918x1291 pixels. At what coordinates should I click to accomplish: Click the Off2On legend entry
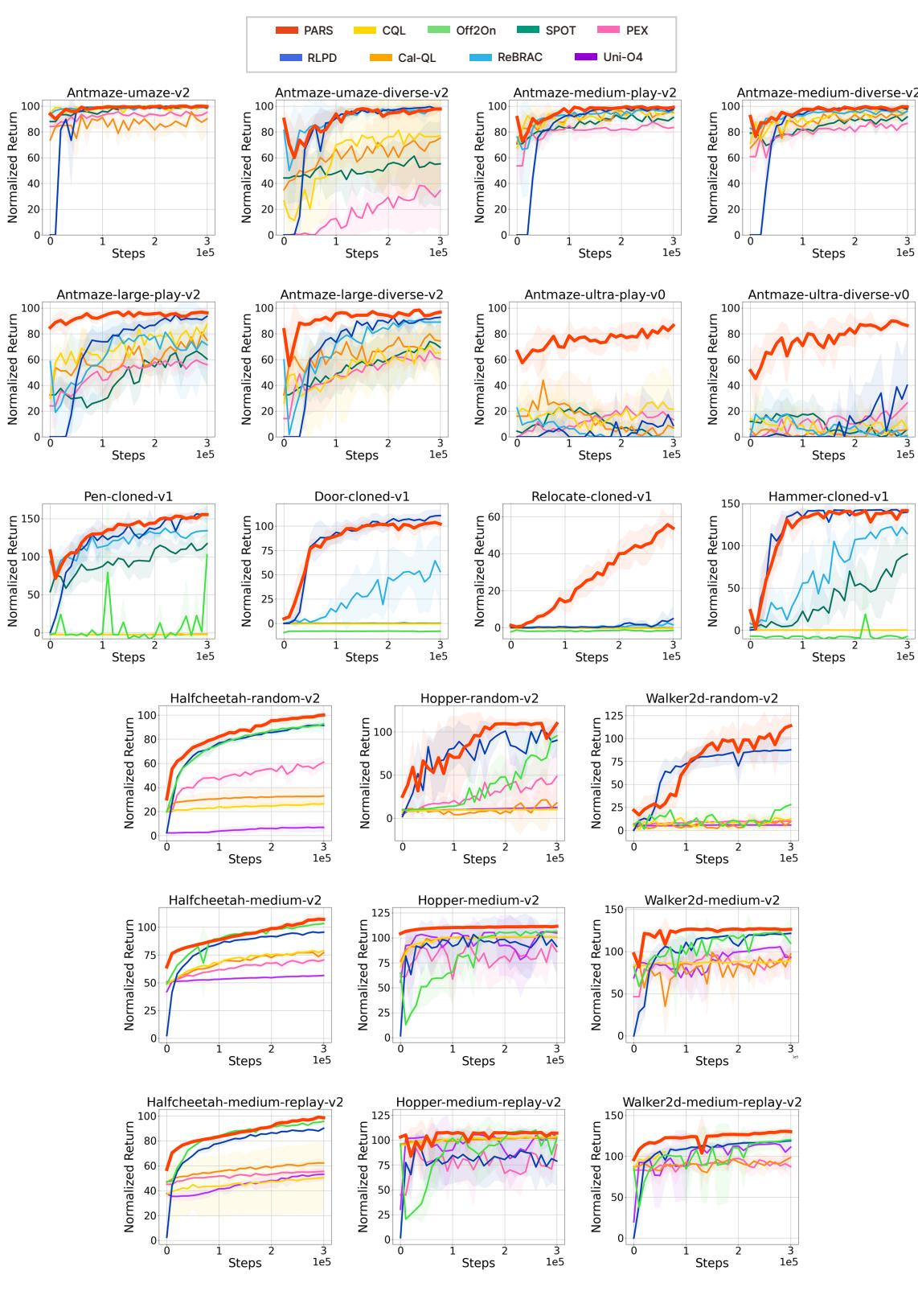[475, 31]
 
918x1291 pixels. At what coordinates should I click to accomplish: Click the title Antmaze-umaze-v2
[129, 93]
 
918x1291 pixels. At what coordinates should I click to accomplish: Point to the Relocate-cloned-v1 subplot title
[591, 496]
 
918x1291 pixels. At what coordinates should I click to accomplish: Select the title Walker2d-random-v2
[711, 698]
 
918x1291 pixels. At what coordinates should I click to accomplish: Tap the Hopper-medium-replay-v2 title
[478, 1102]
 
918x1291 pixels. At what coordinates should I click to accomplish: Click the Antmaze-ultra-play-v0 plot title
[594, 294]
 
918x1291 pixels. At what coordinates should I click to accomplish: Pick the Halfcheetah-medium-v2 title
[244, 900]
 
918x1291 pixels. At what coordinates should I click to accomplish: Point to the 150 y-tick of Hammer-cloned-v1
[730, 504]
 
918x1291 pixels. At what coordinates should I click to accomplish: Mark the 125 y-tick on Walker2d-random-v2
[612, 715]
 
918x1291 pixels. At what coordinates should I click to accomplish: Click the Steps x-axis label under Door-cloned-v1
[361, 657]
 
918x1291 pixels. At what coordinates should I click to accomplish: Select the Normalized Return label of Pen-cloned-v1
[13, 571]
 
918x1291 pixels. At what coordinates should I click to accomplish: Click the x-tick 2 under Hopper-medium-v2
[505, 1049]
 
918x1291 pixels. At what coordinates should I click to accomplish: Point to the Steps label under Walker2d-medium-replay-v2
[711, 1263]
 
